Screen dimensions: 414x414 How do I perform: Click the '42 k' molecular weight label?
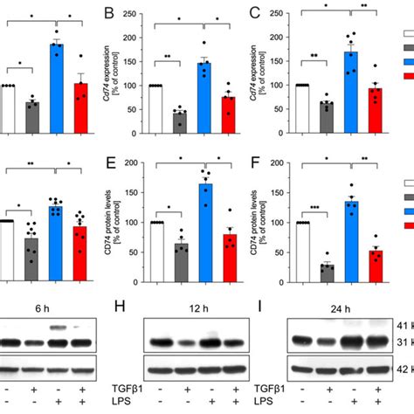(404, 369)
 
